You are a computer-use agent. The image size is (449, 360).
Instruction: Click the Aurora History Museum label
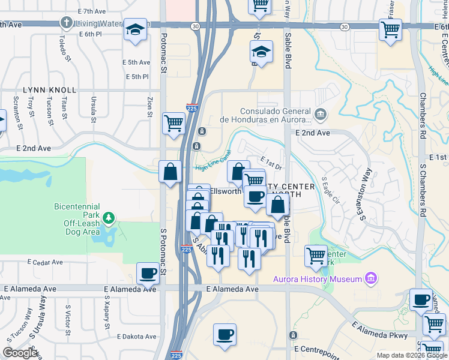[x=317, y=279]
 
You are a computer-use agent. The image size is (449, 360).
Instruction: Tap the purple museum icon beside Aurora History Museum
[x=371, y=278]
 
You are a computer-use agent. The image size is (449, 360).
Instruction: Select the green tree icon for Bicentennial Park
[x=109, y=217]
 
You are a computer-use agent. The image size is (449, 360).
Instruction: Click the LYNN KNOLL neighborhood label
[x=50, y=90]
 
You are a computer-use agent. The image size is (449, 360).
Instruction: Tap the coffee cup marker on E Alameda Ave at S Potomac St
[x=148, y=274]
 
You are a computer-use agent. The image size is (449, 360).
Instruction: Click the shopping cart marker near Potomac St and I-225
[x=173, y=123]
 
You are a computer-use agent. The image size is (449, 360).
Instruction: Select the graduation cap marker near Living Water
[x=135, y=29]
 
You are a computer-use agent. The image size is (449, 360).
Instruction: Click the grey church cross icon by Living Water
[x=65, y=23]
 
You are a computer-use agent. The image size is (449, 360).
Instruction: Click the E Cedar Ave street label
[x=46, y=262]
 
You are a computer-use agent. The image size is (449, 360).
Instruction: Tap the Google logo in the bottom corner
[x=20, y=353]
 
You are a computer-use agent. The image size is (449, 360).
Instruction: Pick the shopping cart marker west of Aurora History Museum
[x=316, y=256]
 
